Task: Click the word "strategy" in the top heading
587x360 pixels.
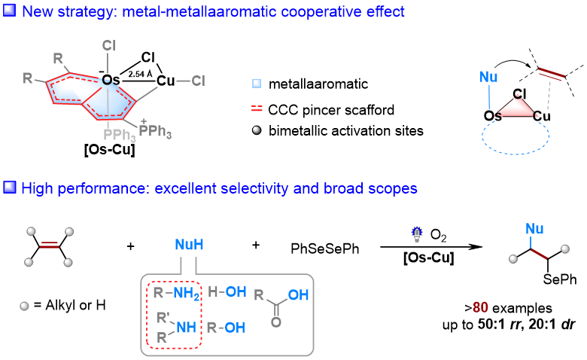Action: [82, 12]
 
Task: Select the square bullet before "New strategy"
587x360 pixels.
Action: [10, 11]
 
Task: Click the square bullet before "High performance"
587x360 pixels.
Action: [10, 187]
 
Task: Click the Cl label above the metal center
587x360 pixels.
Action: [108, 46]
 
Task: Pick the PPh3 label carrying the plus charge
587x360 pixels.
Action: [155, 131]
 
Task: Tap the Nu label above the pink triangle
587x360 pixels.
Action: [488, 77]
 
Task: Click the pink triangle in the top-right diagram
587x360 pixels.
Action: [517, 107]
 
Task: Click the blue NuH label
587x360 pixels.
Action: [189, 245]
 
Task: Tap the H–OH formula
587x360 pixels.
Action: [227, 291]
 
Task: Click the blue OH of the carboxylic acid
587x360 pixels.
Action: [298, 294]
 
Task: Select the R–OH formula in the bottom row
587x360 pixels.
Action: [227, 328]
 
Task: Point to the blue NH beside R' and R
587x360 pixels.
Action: [186, 328]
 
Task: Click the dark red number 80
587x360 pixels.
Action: [481, 307]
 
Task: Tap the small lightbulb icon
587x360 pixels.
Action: [417, 234]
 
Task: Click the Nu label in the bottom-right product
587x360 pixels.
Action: [535, 228]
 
